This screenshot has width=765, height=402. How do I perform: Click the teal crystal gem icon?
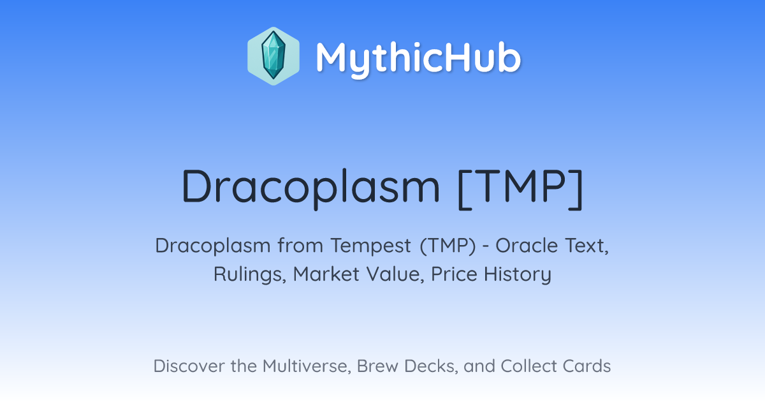click(273, 56)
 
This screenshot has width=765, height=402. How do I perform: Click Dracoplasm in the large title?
click(311, 188)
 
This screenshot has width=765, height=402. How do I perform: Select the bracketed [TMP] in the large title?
click(520, 189)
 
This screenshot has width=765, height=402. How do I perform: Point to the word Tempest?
click(370, 246)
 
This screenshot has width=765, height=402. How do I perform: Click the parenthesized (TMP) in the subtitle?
click(448, 246)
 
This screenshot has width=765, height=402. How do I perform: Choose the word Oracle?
click(527, 246)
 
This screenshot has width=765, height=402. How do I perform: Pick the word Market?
click(326, 274)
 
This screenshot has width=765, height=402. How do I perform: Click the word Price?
click(454, 274)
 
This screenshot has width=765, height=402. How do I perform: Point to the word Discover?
click(189, 366)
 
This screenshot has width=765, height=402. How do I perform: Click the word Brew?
click(377, 366)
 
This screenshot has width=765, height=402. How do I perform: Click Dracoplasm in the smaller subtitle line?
click(213, 246)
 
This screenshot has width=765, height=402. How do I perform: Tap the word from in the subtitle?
click(300, 245)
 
